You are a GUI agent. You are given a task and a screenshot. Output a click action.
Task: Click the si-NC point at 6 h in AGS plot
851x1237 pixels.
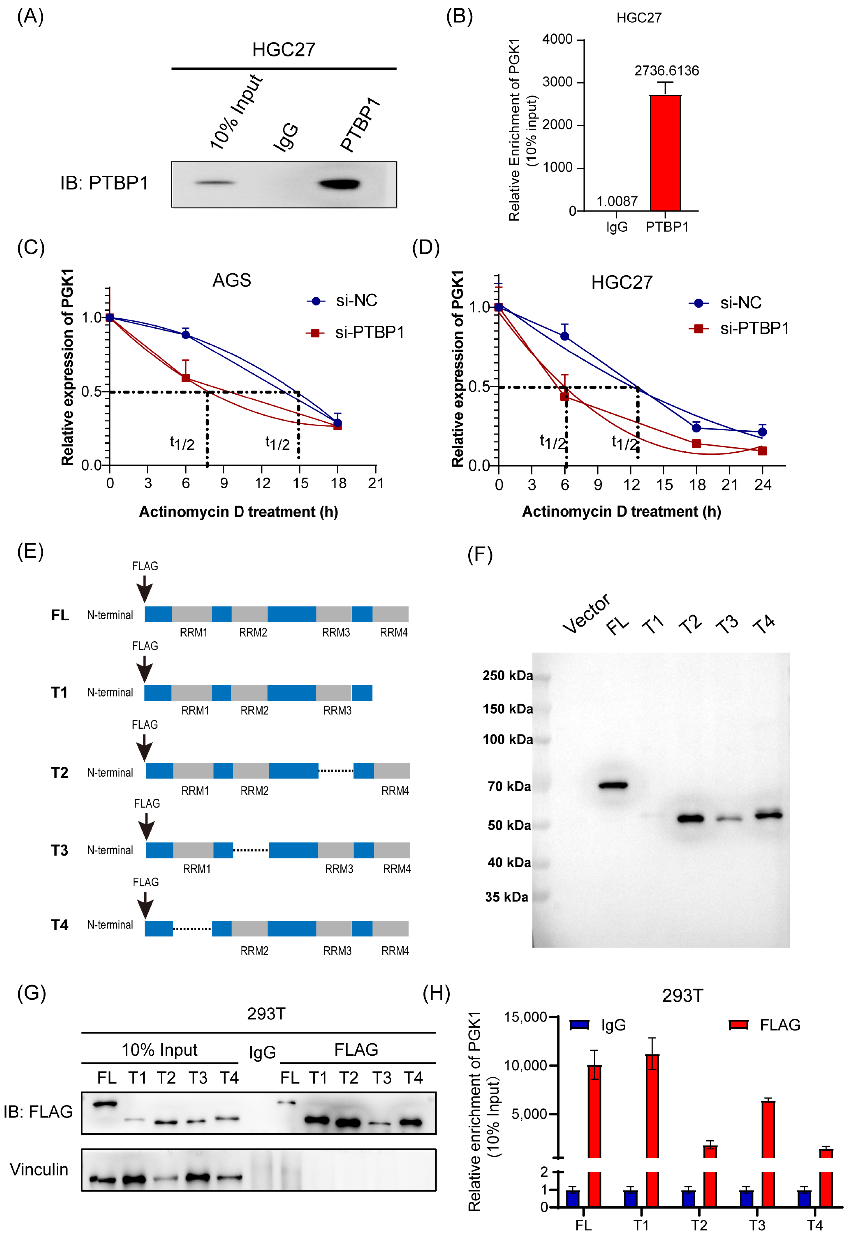(x=186, y=335)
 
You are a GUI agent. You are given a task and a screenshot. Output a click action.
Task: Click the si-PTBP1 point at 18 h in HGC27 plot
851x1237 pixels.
(x=696, y=444)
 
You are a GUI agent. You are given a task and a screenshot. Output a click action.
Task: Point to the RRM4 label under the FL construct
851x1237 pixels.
(x=394, y=633)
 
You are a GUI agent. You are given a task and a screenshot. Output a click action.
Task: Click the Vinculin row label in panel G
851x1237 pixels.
(x=39, y=1169)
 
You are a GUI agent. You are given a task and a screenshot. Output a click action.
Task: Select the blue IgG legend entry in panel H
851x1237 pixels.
(x=597, y=1025)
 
